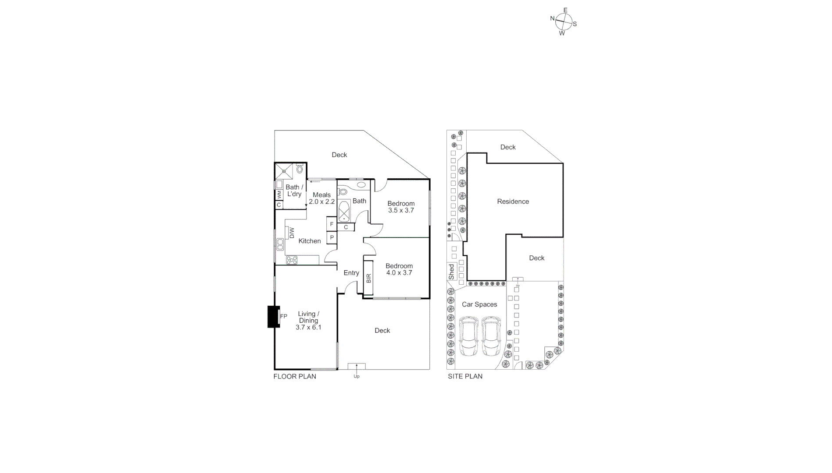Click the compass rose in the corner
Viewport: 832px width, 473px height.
[x=564, y=21]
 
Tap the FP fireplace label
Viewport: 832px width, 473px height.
[x=283, y=316]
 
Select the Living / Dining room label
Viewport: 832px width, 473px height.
[x=308, y=320]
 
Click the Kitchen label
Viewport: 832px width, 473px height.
[x=310, y=241]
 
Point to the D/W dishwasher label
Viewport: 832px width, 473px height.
[x=292, y=233]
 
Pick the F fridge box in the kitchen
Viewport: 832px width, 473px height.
[x=332, y=224]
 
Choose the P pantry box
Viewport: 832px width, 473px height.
[x=332, y=238]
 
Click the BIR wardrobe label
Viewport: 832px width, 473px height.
[x=368, y=278]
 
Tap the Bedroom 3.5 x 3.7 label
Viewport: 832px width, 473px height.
[x=401, y=207]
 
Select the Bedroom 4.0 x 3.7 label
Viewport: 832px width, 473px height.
[x=399, y=269]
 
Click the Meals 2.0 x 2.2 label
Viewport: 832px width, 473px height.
[x=321, y=198]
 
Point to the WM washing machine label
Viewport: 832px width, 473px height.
[x=279, y=194]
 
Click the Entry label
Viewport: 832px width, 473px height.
[x=351, y=273]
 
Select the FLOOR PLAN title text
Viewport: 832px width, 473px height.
[x=295, y=376]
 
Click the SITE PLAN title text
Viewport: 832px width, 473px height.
[x=465, y=376]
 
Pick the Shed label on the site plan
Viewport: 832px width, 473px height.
[x=452, y=272]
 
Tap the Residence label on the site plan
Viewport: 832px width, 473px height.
[x=513, y=201]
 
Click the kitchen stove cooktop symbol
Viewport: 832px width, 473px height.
[x=292, y=260]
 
